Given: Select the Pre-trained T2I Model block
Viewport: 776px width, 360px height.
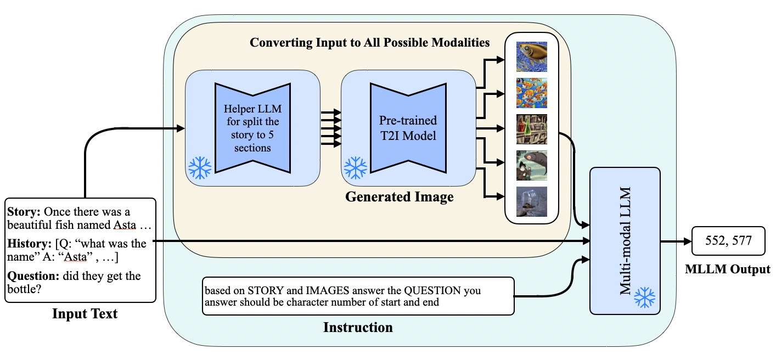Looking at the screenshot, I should coord(408,127).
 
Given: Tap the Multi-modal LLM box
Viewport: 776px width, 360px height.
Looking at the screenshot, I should coord(625,240).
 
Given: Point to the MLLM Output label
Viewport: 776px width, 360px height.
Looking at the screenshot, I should coord(728,269).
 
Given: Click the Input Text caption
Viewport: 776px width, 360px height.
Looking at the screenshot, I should coord(85,314).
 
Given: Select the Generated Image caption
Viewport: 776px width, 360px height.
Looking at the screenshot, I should coord(399,197).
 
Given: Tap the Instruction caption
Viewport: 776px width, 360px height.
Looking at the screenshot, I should coord(358,328).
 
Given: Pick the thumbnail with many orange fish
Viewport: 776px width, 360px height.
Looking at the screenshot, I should coord(532,93).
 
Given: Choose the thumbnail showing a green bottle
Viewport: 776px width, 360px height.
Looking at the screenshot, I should coord(532,129).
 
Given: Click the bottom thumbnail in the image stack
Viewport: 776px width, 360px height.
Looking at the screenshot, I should coord(532,202).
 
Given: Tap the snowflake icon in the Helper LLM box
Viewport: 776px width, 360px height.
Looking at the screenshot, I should coord(199,168).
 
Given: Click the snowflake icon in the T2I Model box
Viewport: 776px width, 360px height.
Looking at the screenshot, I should coord(355,168).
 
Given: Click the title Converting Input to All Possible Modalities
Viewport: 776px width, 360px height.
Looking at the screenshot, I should coord(369,42).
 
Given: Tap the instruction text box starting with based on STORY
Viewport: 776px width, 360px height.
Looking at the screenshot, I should coord(358,296).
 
